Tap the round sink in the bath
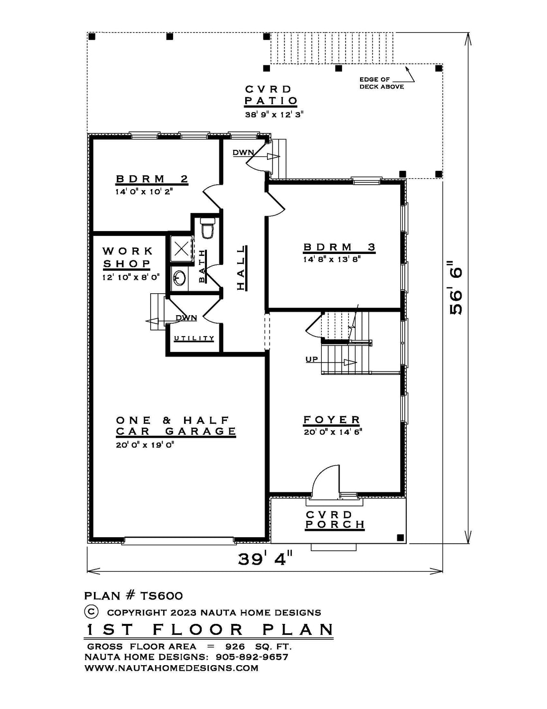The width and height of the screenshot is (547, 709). pyautogui.click(x=179, y=278)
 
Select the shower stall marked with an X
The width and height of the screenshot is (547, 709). pyautogui.click(x=180, y=249)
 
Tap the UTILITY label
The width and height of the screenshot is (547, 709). pyautogui.click(x=194, y=338)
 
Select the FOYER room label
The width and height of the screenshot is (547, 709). pyautogui.click(x=332, y=420)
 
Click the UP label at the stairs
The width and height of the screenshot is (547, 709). pyautogui.click(x=311, y=359)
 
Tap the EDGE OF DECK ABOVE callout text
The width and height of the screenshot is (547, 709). pyautogui.click(x=381, y=83)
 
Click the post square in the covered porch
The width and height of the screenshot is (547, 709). pyautogui.click(x=400, y=537)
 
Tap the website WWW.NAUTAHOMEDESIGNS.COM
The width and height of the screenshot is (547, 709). pyautogui.click(x=172, y=668)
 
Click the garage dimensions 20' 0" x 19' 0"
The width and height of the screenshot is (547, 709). pyautogui.click(x=145, y=445)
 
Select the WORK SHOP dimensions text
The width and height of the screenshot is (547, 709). pyautogui.click(x=131, y=277)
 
